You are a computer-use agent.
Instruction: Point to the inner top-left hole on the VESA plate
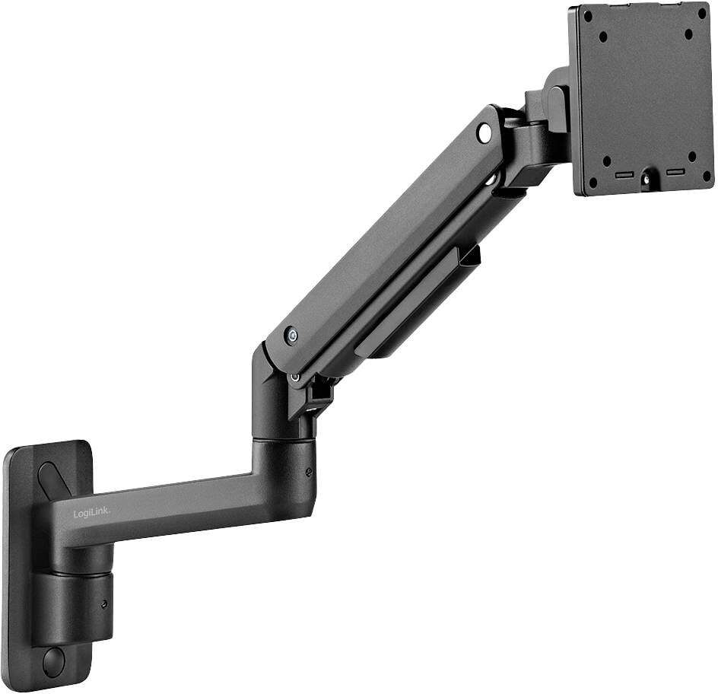pyautogui.click(x=603, y=36)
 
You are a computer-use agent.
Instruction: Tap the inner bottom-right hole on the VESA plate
pyautogui.click(x=691, y=156)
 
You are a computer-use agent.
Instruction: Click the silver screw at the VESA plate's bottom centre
pyautogui.click(x=647, y=180)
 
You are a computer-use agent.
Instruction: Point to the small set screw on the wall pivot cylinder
pyautogui.click(x=104, y=605)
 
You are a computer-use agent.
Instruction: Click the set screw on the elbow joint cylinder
pyautogui.click(x=308, y=472)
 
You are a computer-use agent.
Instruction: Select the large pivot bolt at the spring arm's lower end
pyautogui.click(x=291, y=335)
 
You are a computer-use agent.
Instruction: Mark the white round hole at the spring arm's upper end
pyautogui.click(x=484, y=132)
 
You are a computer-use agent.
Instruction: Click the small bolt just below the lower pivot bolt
pyautogui.click(x=294, y=377)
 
